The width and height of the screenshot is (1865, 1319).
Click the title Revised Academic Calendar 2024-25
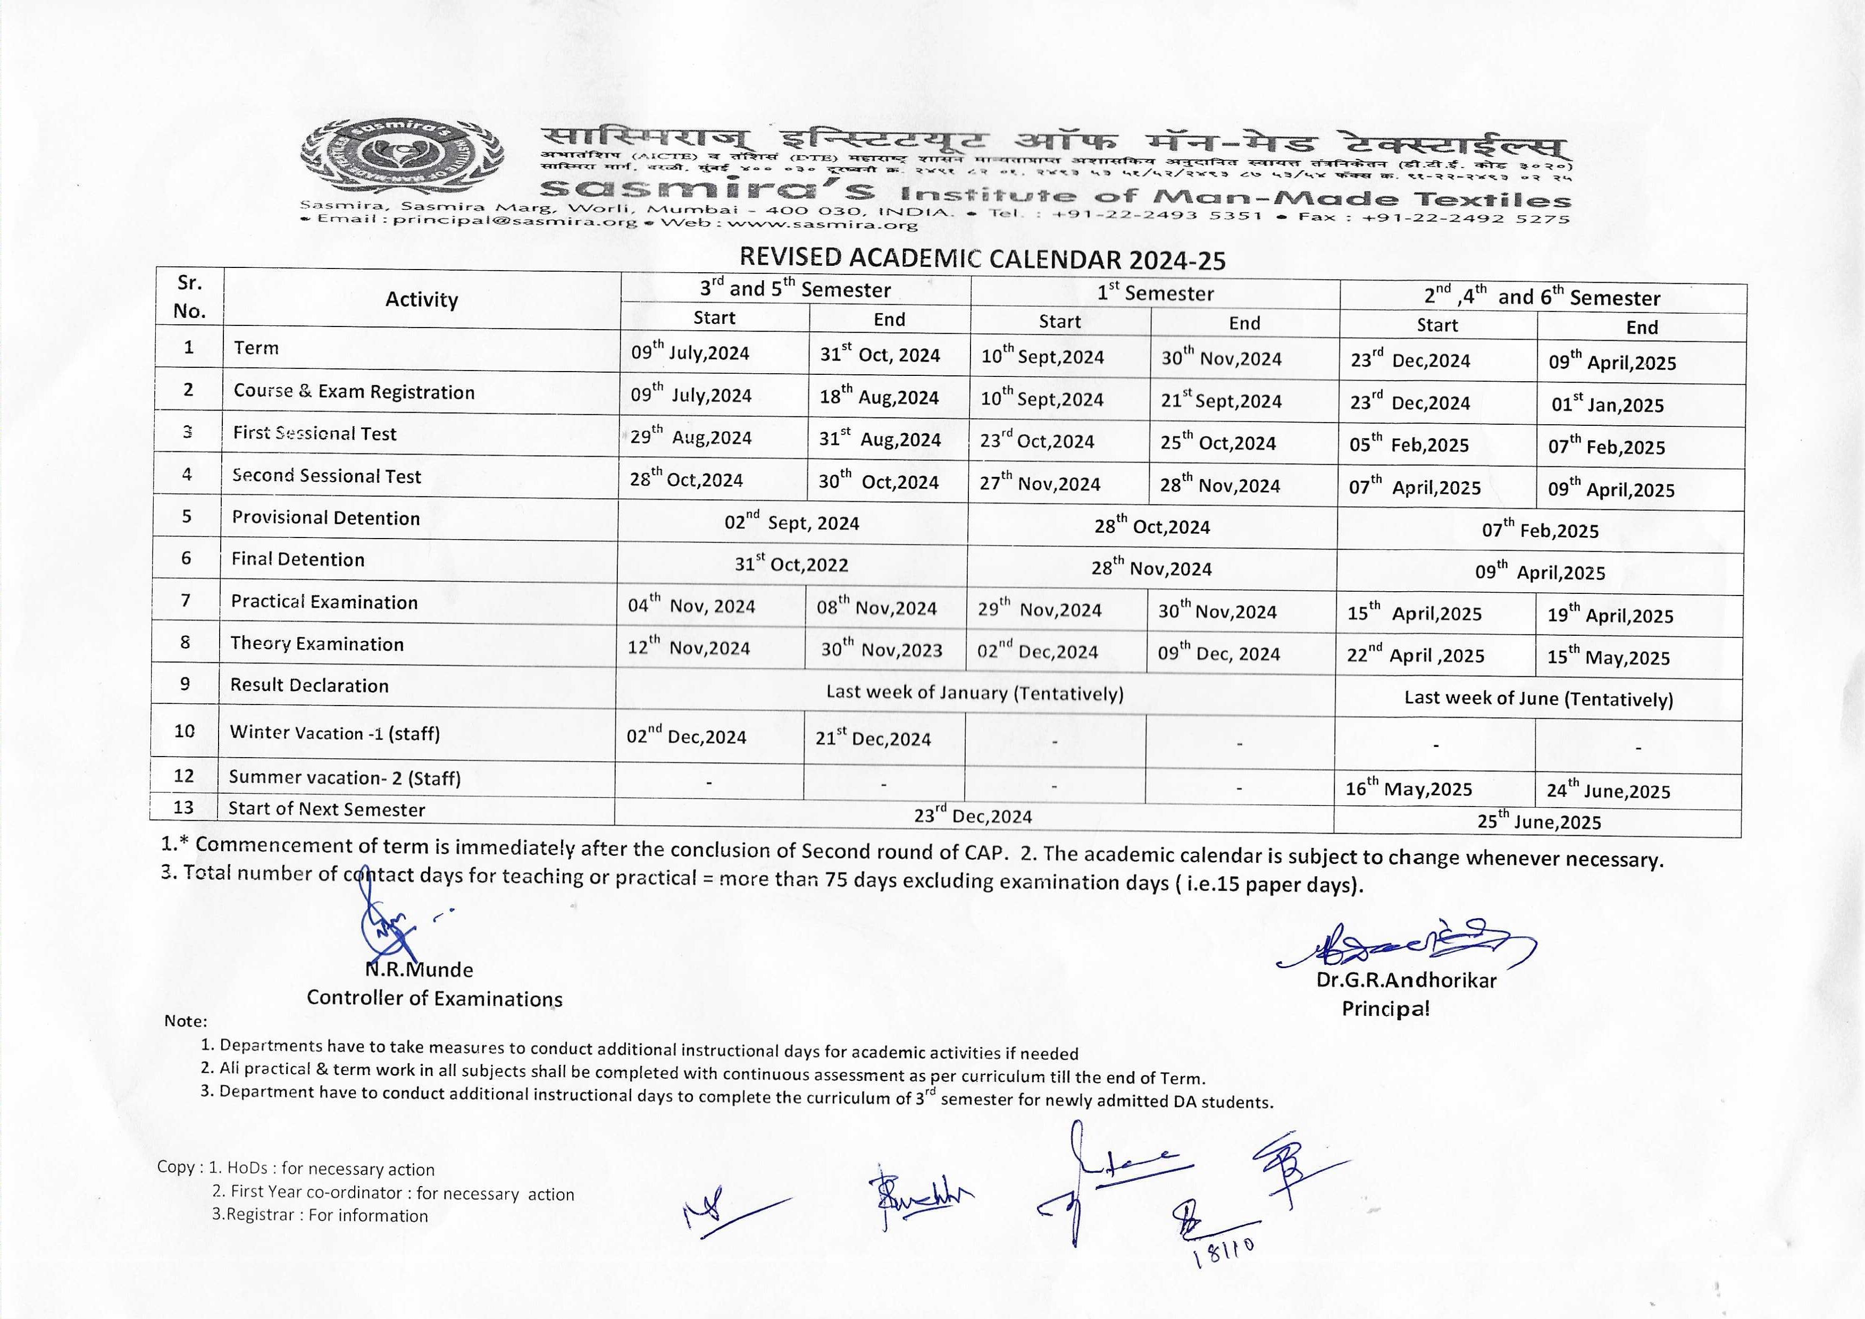pyautogui.click(x=982, y=259)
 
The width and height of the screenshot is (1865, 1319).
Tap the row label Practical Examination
pyautogui.click(x=324, y=602)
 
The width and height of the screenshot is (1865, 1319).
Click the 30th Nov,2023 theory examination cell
pyautogui.click(x=881, y=650)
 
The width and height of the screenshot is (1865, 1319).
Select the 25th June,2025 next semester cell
pyautogui.click(x=1538, y=822)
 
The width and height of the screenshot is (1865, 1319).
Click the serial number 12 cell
pyautogui.click(x=185, y=776)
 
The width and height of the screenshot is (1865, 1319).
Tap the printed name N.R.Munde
pyautogui.click(x=419, y=970)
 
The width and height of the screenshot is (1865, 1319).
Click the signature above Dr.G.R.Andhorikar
pyautogui.click(x=1405, y=945)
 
